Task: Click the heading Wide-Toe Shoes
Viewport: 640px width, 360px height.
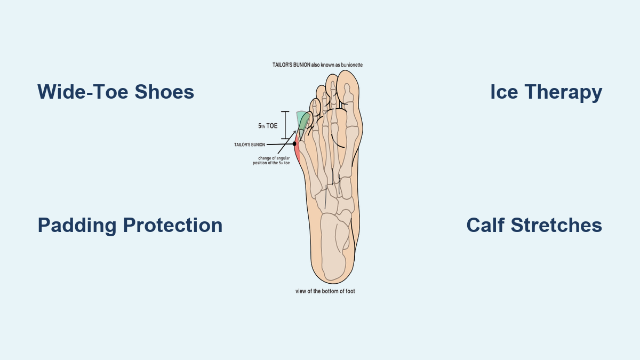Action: [x=116, y=92]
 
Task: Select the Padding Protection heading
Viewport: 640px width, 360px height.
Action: [x=130, y=226]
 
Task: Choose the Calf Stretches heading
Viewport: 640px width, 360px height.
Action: [x=534, y=225]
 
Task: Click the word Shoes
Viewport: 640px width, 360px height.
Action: [x=164, y=92]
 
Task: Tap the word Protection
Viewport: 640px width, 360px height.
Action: [x=173, y=225]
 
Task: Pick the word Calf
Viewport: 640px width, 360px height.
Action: [x=486, y=225]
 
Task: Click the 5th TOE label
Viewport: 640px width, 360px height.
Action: [x=268, y=126]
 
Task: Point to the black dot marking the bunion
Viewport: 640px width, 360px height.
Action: [x=294, y=144]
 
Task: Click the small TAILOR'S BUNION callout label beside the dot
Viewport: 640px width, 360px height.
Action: [x=250, y=145]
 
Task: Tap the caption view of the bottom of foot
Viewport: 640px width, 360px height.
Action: [x=325, y=291]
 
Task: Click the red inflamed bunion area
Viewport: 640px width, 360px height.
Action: [x=297, y=150]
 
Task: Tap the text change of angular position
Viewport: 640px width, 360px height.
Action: [x=271, y=161]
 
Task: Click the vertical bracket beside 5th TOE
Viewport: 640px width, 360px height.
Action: [x=285, y=125]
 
